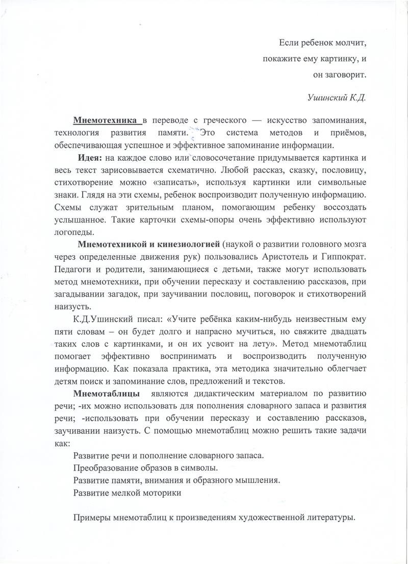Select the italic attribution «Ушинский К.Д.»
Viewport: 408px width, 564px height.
click(x=338, y=97)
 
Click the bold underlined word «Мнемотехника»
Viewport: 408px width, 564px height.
click(x=107, y=120)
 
